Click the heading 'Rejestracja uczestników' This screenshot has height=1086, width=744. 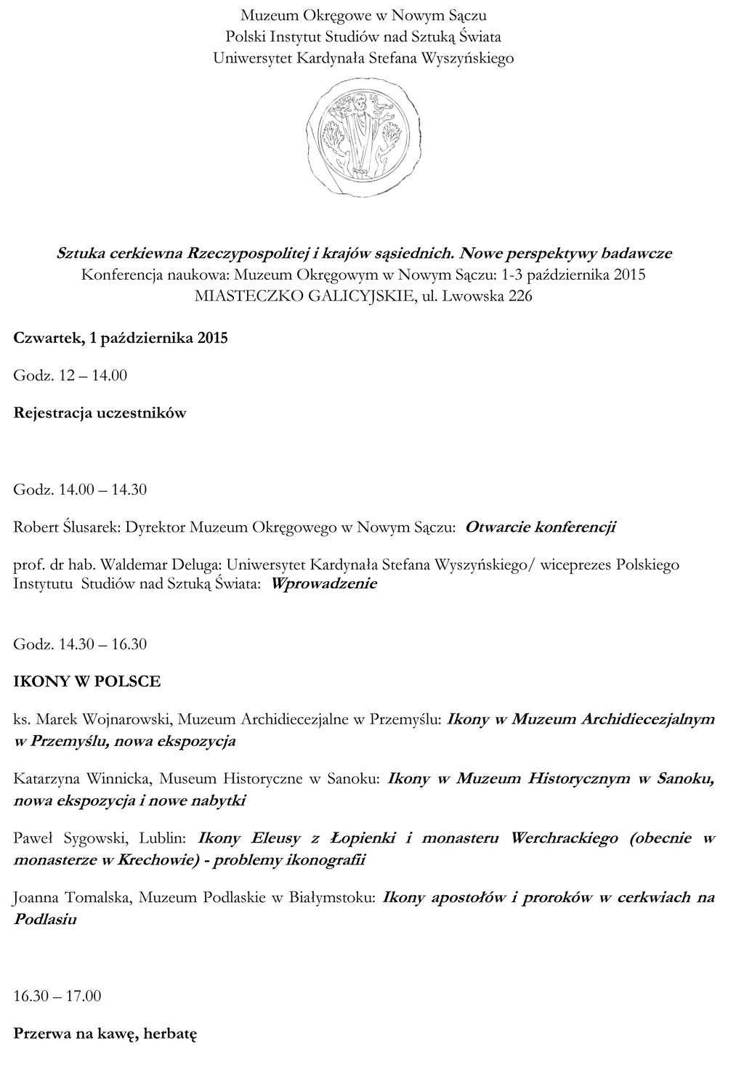(100, 413)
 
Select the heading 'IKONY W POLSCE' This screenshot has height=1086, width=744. (86, 681)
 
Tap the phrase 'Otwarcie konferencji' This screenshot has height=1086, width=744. (540, 527)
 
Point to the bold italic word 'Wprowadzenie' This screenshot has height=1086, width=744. (323, 583)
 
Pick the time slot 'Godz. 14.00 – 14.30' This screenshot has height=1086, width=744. (80, 490)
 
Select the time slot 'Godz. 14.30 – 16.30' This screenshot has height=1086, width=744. (80, 644)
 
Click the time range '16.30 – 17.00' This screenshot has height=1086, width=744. (57, 995)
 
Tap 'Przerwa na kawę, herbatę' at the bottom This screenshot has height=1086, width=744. (105, 1033)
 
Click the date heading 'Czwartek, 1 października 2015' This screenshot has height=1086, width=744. (121, 338)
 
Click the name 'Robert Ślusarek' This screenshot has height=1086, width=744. (65, 527)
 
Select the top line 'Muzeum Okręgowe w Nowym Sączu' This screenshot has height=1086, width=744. (363, 15)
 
